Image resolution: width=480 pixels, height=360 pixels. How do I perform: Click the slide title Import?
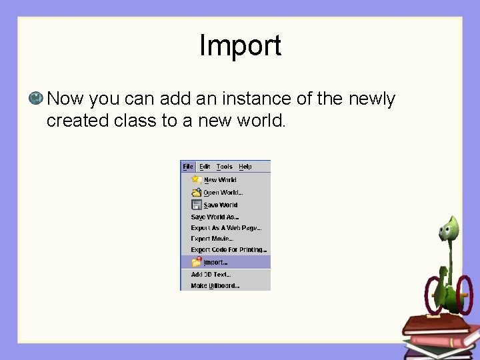pos(240,46)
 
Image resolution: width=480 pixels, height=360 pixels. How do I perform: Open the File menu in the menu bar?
pos(188,167)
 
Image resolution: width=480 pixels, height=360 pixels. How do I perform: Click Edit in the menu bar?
pos(205,167)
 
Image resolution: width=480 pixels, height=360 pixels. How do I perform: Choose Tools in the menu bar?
pos(225,167)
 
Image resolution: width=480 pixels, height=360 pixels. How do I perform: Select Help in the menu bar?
pos(245,167)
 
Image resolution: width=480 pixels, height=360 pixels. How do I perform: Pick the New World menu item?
pos(219,180)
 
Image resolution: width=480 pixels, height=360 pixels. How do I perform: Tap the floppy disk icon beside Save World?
pos(197,205)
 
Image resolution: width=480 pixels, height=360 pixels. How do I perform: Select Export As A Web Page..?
pos(225,228)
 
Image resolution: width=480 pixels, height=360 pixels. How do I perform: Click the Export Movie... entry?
pos(211,239)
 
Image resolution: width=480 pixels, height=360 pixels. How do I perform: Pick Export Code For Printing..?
pos(229,250)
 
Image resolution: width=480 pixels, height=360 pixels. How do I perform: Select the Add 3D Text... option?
pos(211,274)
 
